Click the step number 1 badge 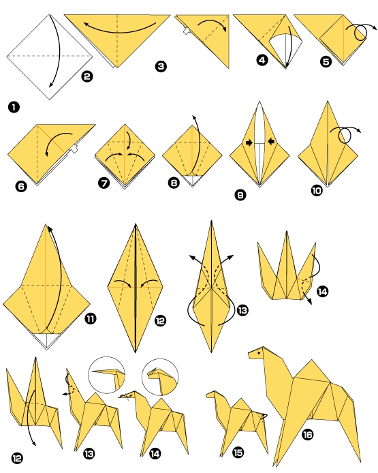click(x=14, y=107)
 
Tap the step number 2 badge click(x=86, y=76)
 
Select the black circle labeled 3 click(x=161, y=66)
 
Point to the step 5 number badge click(x=326, y=62)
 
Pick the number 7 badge click(x=104, y=183)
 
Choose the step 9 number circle click(x=240, y=195)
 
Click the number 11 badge click(x=91, y=318)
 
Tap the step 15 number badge click(x=238, y=452)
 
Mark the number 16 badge click(x=307, y=435)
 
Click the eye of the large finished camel click(x=259, y=352)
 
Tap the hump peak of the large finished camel click(x=312, y=360)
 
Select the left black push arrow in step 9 click(x=249, y=142)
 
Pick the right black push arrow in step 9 click(x=270, y=141)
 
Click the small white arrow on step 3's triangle click(x=187, y=31)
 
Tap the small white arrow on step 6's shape click(x=74, y=149)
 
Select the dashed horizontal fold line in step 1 click(x=50, y=56)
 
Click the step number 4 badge click(x=262, y=60)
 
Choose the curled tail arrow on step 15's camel click(x=264, y=416)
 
